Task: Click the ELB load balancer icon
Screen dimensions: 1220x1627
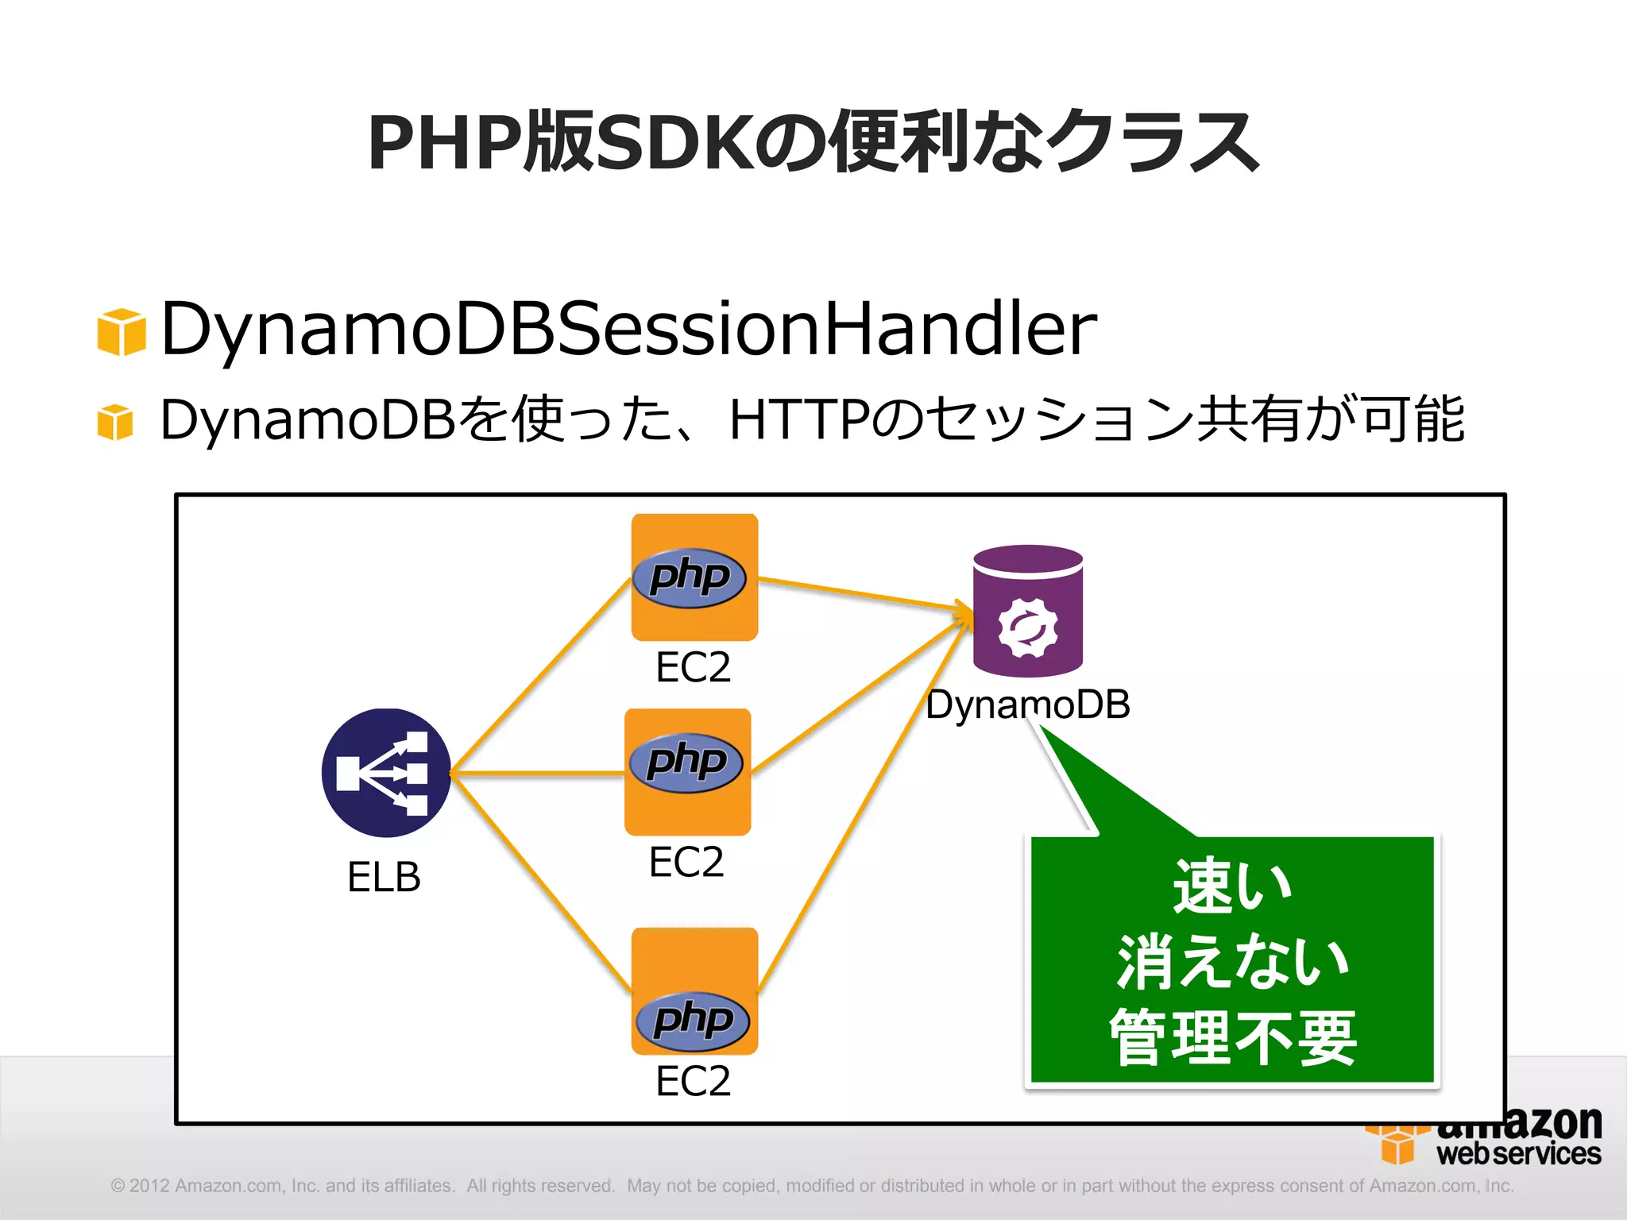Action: point(386,773)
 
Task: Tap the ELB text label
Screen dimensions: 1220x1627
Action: point(384,878)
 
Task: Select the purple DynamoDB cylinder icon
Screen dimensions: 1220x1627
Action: point(1028,610)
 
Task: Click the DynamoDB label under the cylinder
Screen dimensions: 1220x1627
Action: point(1028,705)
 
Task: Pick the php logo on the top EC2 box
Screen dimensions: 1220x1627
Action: point(690,577)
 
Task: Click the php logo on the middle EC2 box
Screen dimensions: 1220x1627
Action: point(686,762)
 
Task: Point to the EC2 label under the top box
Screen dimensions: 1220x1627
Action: point(693,667)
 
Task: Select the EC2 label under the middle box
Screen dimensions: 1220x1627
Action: point(686,862)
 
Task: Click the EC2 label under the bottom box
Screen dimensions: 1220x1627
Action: point(693,1081)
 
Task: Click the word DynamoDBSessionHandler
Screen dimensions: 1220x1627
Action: point(628,328)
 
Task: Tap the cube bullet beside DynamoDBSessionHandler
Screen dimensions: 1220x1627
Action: point(122,331)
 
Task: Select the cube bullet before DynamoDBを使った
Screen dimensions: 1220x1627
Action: point(115,421)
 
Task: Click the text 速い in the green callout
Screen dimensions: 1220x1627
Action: point(1232,886)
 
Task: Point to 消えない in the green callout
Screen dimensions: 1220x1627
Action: point(1232,962)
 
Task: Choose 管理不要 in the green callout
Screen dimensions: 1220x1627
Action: point(1232,1037)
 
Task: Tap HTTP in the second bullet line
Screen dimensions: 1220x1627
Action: point(798,419)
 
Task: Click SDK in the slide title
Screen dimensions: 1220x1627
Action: point(674,143)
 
